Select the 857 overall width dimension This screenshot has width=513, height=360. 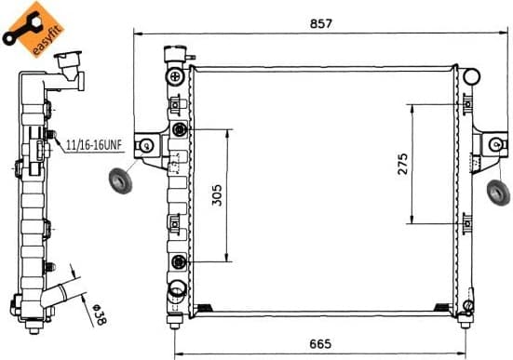click(x=322, y=21)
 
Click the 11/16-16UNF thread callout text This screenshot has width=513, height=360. click(x=94, y=145)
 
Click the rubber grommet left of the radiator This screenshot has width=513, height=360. click(x=121, y=180)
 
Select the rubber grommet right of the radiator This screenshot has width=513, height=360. click(x=499, y=193)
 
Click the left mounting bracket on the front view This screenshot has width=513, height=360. click(x=146, y=145)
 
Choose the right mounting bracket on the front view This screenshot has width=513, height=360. click(x=491, y=144)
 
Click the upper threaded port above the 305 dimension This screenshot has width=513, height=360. click(x=178, y=129)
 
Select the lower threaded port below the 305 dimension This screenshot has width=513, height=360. click(x=178, y=261)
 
